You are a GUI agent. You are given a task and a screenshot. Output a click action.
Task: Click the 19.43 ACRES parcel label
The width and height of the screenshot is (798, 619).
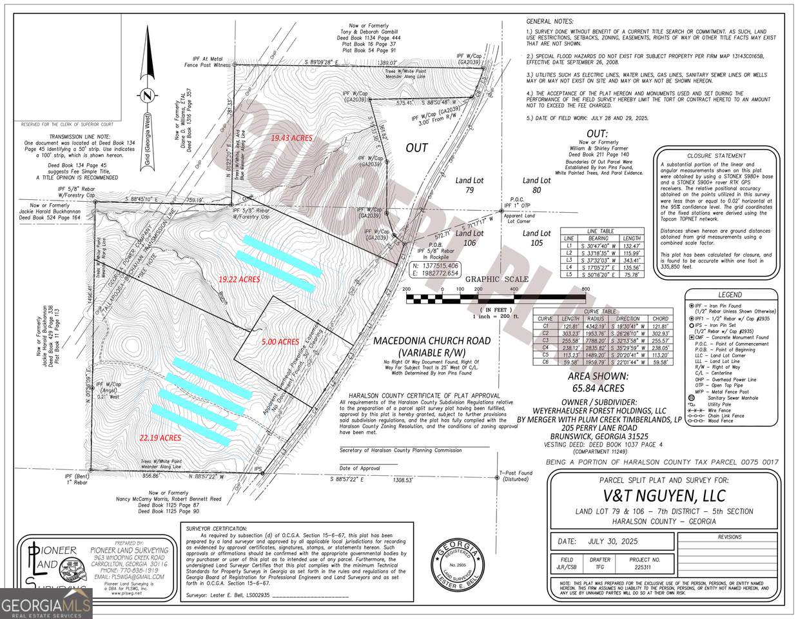[x=291, y=138]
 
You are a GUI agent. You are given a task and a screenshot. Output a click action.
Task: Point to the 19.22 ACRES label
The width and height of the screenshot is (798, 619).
[x=238, y=279]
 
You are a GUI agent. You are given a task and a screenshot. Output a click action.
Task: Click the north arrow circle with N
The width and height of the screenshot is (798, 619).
[x=148, y=95]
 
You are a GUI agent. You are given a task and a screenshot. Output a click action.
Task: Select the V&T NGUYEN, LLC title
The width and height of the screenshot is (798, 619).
[x=664, y=495]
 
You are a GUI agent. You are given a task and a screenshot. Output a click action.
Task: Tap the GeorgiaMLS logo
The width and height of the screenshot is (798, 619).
[x=46, y=605]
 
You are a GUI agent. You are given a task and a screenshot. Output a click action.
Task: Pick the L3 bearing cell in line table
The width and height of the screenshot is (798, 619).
[x=592, y=260]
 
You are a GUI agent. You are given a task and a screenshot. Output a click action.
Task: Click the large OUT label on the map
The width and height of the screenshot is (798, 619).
[x=416, y=148]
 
